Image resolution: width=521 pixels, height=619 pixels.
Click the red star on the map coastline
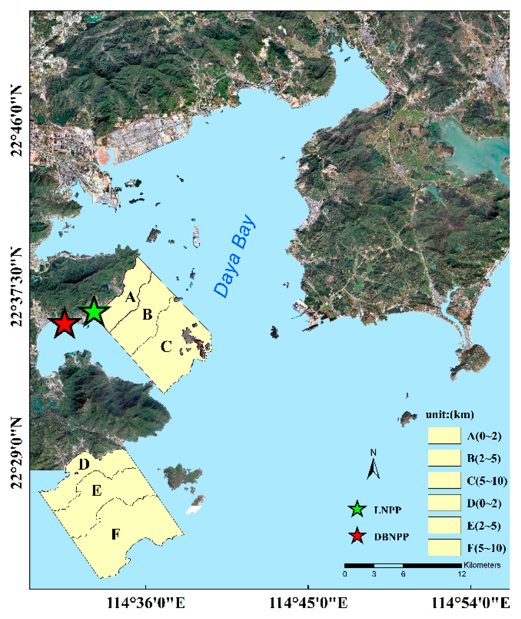pyautogui.click(x=64, y=324)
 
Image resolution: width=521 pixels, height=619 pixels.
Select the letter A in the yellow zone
pyautogui.click(x=130, y=297)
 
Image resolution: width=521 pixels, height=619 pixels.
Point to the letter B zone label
pyautogui.click(x=147, y=315)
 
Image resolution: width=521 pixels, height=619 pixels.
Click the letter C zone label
pyautogui.click(x=166, y=346)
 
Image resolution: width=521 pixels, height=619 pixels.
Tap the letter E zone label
pyautogui.click(x=97, y=491)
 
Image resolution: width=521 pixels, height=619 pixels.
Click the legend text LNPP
pyautogui.click(x=388, y=510)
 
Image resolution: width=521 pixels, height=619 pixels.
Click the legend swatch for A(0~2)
pyautogui.click(x=444, y=436)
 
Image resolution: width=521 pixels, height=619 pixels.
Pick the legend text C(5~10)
pyautogui.click(x=487, y=481)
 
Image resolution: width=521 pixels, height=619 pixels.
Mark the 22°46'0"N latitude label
pyautogui.click(x=17, y=121)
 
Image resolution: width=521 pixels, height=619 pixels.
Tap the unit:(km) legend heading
pyautogui.click(x=449, y=415)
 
